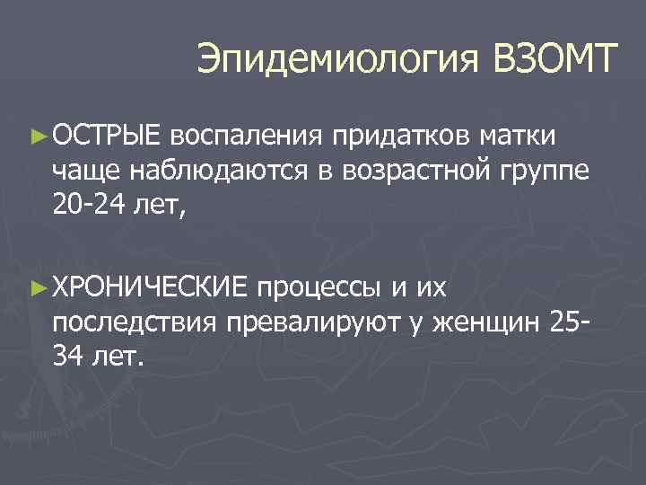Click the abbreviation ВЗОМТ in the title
click(x=555, y=59)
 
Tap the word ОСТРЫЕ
click(x=107, y=137)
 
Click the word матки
click(x=519, y=137)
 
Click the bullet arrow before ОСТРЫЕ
click(x=36, y=137)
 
